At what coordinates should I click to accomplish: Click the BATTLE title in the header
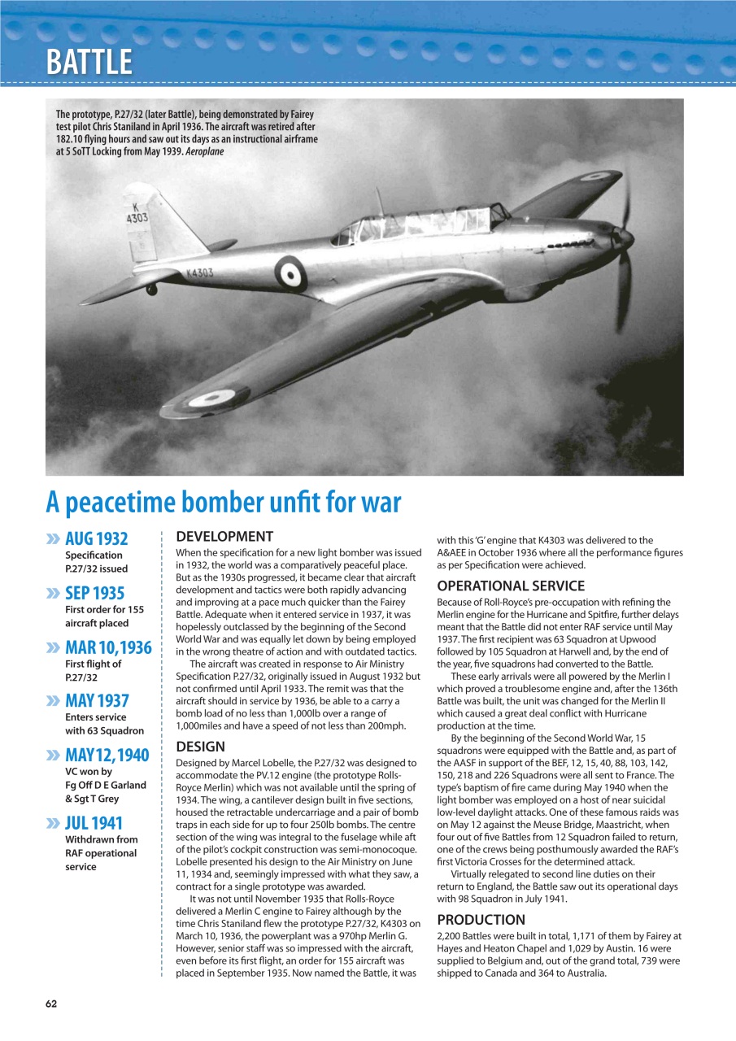click(x=89, y=62)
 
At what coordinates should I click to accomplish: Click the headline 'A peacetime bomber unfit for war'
click(x=224, y=503)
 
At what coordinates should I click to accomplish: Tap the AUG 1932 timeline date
click(x=96, y=538)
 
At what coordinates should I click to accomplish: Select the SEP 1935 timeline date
click(x=94, y=592)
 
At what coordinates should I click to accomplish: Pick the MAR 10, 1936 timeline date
click(x=107, y=647)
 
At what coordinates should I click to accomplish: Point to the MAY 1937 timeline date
click(x=97, y=700)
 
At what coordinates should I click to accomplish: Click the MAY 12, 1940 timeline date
click(x=107, y=755)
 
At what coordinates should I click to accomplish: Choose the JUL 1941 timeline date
click(x=94, y=822)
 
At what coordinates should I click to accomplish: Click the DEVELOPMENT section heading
click(x=224, y=537)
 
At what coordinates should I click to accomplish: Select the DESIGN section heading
click(x=201, y=746)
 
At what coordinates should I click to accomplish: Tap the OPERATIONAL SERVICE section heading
click(x=511, y=586)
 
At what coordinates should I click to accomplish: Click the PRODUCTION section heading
click(x=481, y=920)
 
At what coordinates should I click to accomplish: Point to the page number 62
click(x=51, y=1004)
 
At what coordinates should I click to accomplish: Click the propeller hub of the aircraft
click(x=625, y=237)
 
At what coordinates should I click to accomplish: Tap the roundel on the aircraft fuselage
click(x=290, y=272)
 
